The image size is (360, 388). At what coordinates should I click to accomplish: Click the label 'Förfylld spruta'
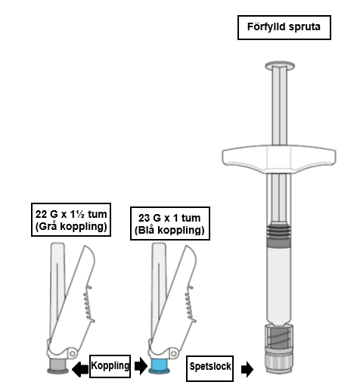[x=284, y=27]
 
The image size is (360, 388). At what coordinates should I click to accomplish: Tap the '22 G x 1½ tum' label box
[x=71, y=219]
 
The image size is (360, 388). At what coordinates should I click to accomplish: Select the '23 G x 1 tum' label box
[x=170, y=223]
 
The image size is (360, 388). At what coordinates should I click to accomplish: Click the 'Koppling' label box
[x=110, y=366]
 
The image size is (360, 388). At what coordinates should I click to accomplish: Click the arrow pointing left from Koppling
[x=80, y=370]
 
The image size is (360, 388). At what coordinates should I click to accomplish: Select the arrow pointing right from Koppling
[x=141, y=365]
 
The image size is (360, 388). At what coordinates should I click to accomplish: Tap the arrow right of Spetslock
[x=247, y=370]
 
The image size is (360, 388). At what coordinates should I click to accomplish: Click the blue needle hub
[x=159, y=366]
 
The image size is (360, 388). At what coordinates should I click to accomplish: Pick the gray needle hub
[x=57, y=366]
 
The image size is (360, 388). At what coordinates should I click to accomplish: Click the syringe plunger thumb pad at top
[x=280, y=65]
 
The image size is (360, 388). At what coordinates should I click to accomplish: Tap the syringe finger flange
[x=279, y=159]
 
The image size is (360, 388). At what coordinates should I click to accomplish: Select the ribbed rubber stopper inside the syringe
[x=279, y=235]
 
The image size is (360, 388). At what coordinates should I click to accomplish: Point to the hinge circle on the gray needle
[x=73, y=353]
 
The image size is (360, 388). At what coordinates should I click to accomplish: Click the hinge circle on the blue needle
[x=174, y=353]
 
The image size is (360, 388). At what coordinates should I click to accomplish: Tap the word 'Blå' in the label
[x=147, y=230]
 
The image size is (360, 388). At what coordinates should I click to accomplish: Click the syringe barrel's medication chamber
[x=279, y=285]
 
